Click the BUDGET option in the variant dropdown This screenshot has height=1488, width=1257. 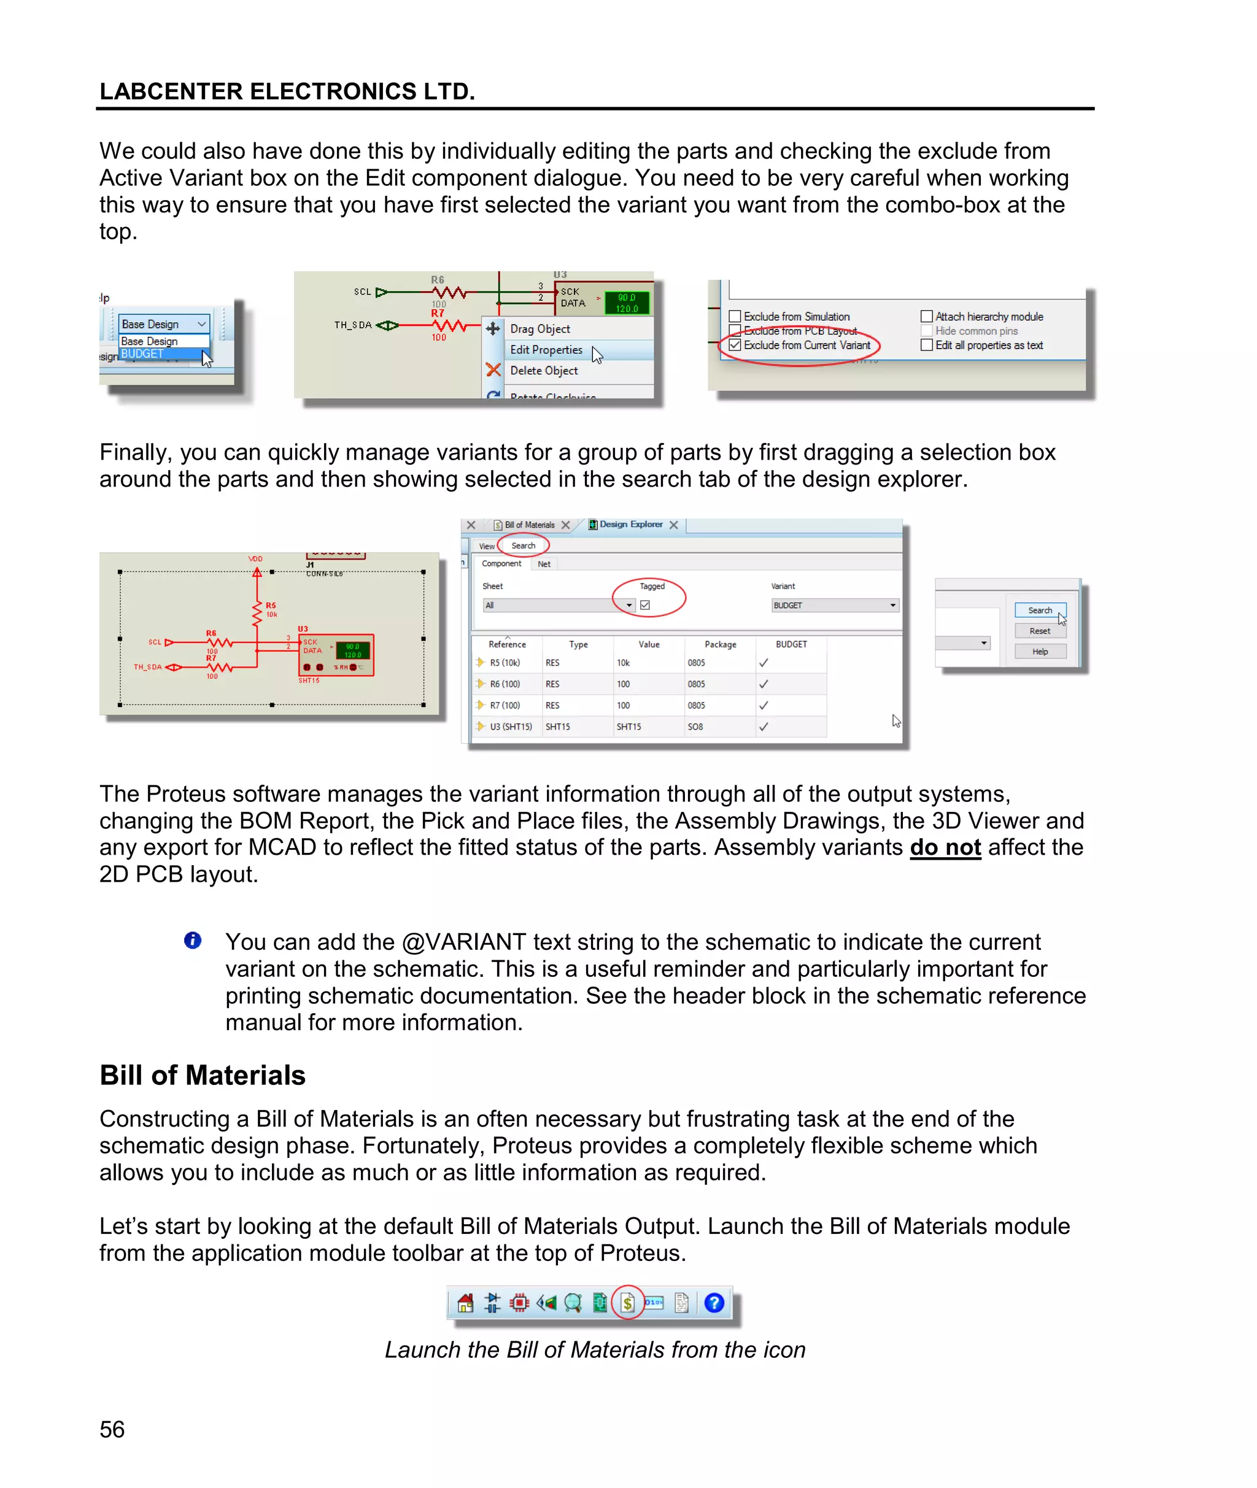coord(142,354)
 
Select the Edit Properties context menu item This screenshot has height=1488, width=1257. coord(546,350)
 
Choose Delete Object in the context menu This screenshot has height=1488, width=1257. coord(544,371)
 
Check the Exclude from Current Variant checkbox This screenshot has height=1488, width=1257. coord(735,345)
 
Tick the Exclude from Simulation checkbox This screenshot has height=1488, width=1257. coord(735,316)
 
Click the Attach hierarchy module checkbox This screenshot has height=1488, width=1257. coord(926,316)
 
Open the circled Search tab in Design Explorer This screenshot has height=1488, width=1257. coord(523,545)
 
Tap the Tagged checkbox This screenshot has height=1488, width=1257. coord(645,605)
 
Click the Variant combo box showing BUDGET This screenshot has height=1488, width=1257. coord(835,605)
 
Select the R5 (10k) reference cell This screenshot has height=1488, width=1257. coord(505,663)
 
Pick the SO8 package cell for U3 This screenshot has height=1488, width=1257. coord(695,727)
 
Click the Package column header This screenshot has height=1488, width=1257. coord(720,644)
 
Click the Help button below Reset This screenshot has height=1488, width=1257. coord(1040,651)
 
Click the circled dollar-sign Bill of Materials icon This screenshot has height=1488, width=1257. coord(627,1303)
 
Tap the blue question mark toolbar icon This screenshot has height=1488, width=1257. coord(714,1303)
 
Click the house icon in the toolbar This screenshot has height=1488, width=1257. coord(465,1303)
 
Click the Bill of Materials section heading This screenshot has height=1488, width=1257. coord(203,1075)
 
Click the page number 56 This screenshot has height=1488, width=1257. coord(112,1429)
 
